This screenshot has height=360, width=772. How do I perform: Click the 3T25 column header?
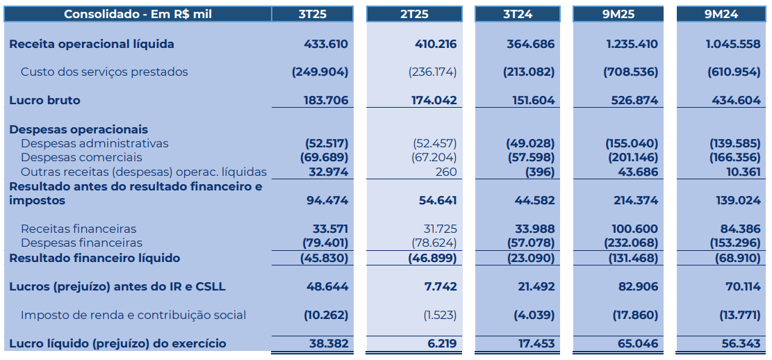(x=312, y=14)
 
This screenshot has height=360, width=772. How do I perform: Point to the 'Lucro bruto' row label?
(x=44, y=100)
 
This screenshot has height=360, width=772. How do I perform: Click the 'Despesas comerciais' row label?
(x=75, y=158)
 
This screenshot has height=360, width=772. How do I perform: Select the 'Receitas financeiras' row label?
(x=79, y=229)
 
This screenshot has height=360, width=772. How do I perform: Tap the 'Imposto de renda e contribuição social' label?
(x=133, y=315)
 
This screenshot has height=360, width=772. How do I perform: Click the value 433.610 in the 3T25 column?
(x=326, y=44)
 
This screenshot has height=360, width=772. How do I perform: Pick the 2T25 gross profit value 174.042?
(x=434, y=100)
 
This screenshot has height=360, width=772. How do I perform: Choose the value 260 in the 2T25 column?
(x=446, y=172)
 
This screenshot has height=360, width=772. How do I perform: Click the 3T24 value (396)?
(x=540, y=172)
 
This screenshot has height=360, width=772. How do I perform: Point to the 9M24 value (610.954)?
(x=734, y=72)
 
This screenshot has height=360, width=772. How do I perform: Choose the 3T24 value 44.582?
(x=536, y=200)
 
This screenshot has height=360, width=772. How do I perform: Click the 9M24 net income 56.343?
(x=741, y=343)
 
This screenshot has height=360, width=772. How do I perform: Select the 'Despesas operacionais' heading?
(x=79, y=129)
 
